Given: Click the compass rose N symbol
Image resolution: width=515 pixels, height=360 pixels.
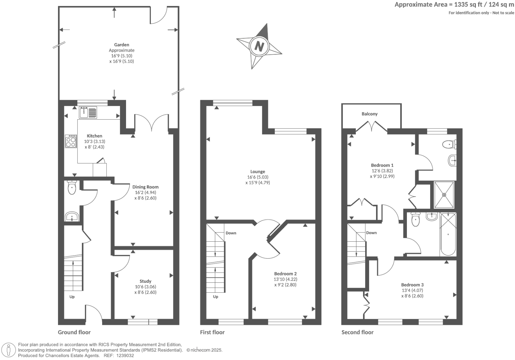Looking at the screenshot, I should tap(259, 46).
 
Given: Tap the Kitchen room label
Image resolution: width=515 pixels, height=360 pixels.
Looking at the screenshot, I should tap(95, 136).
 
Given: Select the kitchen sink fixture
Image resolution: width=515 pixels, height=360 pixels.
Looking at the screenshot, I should tap(88, 112).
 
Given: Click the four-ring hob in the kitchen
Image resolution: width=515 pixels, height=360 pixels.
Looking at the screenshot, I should tap(71, 141).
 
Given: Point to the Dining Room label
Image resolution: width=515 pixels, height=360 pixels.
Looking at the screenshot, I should tap(145, 187).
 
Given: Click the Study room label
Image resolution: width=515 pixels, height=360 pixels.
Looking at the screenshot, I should tap(145, 281).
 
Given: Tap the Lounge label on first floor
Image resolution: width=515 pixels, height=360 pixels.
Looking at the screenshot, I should tap(258, 171).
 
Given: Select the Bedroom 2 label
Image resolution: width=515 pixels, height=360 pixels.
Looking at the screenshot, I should tap(285, 273).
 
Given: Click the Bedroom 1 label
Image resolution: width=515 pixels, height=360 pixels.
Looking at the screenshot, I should tap(382, 165).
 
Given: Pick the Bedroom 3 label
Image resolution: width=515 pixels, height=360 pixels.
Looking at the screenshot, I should tap(412, 285).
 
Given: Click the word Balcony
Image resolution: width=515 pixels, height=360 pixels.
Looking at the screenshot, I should tap(369, 114).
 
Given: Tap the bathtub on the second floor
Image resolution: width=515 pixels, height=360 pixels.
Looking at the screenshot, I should tap(448, 234).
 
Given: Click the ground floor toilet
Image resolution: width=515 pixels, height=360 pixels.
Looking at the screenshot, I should tap(72, 187).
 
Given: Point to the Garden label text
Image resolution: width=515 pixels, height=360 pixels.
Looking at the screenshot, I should tap(121, 45).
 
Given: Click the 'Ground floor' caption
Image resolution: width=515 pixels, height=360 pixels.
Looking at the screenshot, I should tap(74, 332).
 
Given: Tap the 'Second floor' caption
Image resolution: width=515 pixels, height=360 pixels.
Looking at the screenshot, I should tap(357, 332).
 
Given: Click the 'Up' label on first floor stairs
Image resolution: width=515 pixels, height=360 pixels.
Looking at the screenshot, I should tap(216, 297).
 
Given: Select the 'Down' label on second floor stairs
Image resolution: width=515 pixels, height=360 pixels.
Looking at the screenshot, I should tap(371, 233).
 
